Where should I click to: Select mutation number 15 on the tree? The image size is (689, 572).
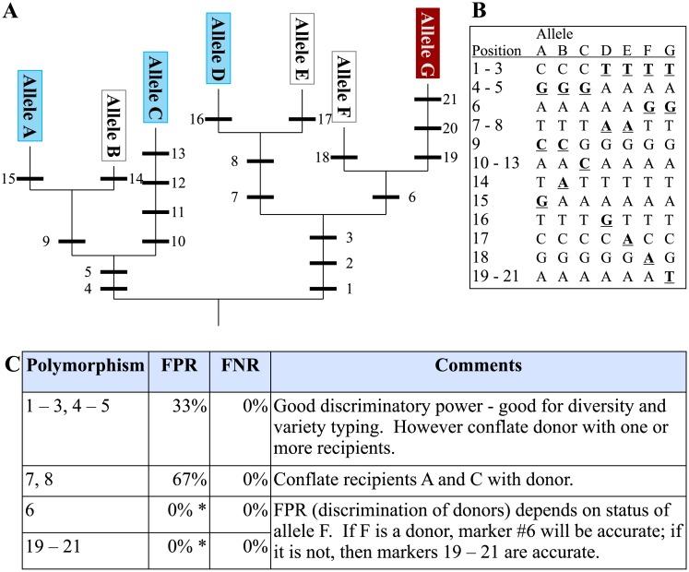click(x=9, y=176)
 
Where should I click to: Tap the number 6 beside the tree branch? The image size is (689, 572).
click(x=411, y=197)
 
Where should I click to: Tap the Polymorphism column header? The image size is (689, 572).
click(x=85, y=366)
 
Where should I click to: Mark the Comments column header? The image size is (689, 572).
click(x=477, y=366)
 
